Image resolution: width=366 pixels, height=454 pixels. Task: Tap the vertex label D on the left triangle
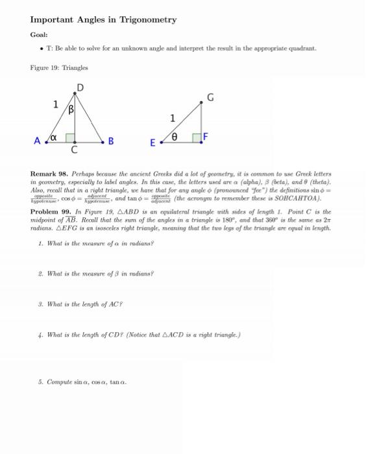point(80,88)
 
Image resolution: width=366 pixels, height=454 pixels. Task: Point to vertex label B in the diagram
point(111,141)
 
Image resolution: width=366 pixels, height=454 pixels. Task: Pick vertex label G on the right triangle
point(210,98)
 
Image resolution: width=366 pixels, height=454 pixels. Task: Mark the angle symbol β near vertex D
point(75,110)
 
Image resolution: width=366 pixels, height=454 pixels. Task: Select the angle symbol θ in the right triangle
point(173,136)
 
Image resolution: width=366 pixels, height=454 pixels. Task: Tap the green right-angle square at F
point(196,137)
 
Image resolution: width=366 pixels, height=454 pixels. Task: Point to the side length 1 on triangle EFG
point(172,118)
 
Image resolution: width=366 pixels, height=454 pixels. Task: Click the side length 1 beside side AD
point(56,104)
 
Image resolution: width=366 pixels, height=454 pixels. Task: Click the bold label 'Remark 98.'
point(49,174)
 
